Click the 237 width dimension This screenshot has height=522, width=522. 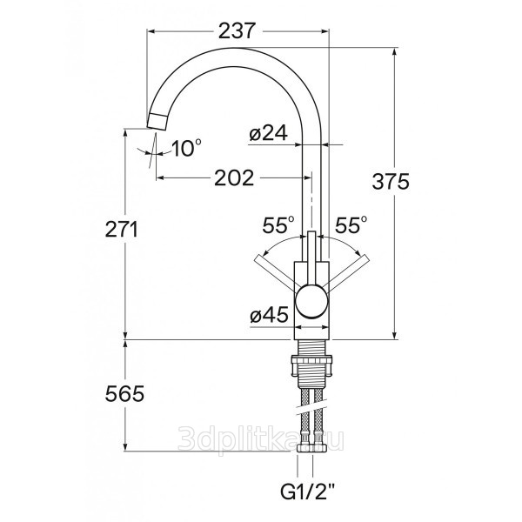point(237,31)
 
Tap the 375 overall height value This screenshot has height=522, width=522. point(391,182)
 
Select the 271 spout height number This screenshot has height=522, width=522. point(121,230)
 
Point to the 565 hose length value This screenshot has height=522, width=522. point(124,394)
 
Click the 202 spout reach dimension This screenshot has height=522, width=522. point(234,177)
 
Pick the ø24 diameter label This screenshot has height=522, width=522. point(268,134)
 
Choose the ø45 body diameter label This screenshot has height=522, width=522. point(269,315)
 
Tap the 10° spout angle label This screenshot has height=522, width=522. point(187,148)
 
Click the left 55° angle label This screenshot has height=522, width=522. point(278,225)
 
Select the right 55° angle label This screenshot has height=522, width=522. point(351,225)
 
